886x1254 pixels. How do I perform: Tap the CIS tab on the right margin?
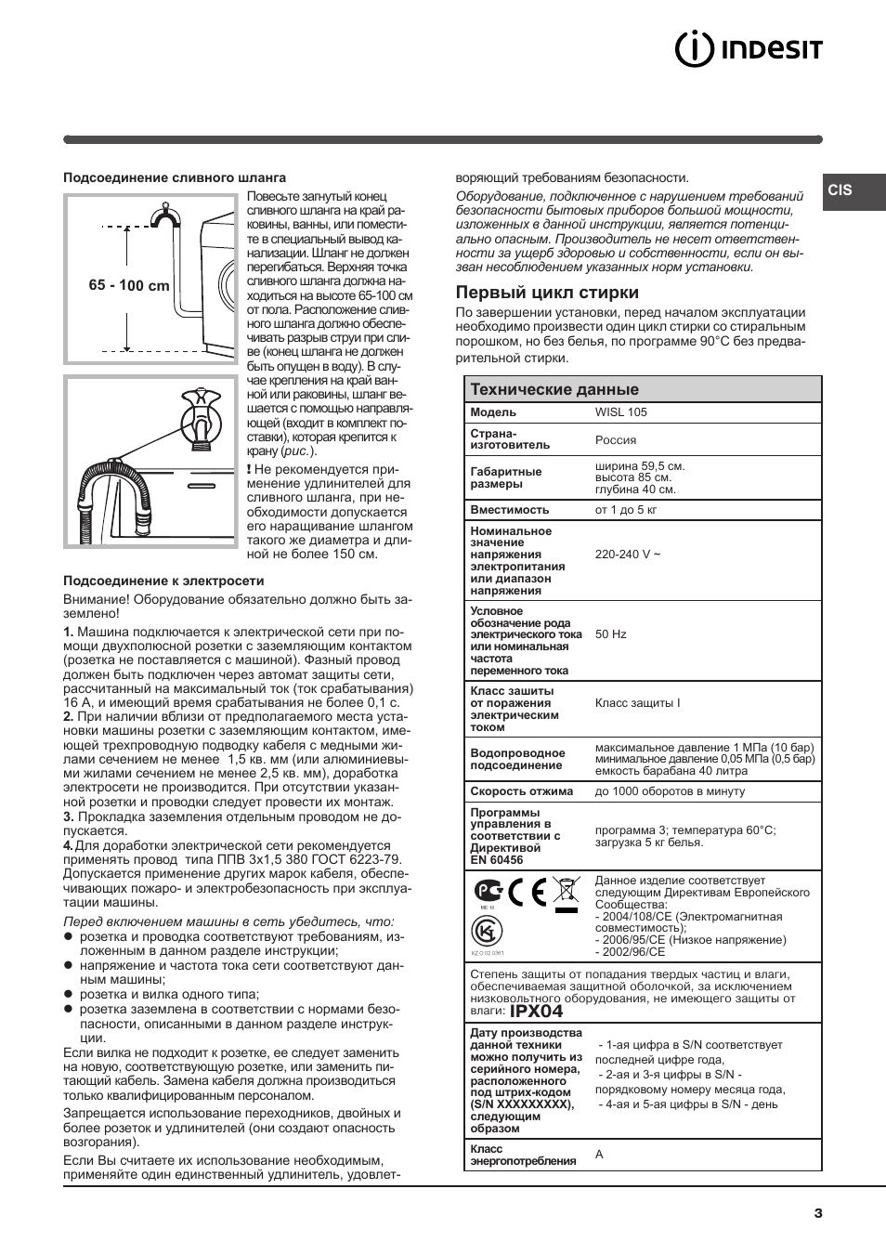[840, 189]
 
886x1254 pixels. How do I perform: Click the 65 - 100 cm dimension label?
[129, 286]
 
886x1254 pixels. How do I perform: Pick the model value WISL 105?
[621, 412]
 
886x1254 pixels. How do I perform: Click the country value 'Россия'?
[616, 440]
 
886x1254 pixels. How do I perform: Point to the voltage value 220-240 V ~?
[628, 555]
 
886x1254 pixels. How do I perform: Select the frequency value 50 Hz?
[611, 634]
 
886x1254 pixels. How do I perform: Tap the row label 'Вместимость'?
[510, 510]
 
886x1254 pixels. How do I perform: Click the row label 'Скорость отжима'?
[522, 791]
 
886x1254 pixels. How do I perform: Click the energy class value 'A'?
[599, 1155]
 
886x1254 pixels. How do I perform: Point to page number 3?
[818, 1212]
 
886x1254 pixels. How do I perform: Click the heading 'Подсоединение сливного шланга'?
[175, 177]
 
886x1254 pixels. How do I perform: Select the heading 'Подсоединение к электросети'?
[163, 581]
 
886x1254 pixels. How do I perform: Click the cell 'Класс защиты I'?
[637, 703]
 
